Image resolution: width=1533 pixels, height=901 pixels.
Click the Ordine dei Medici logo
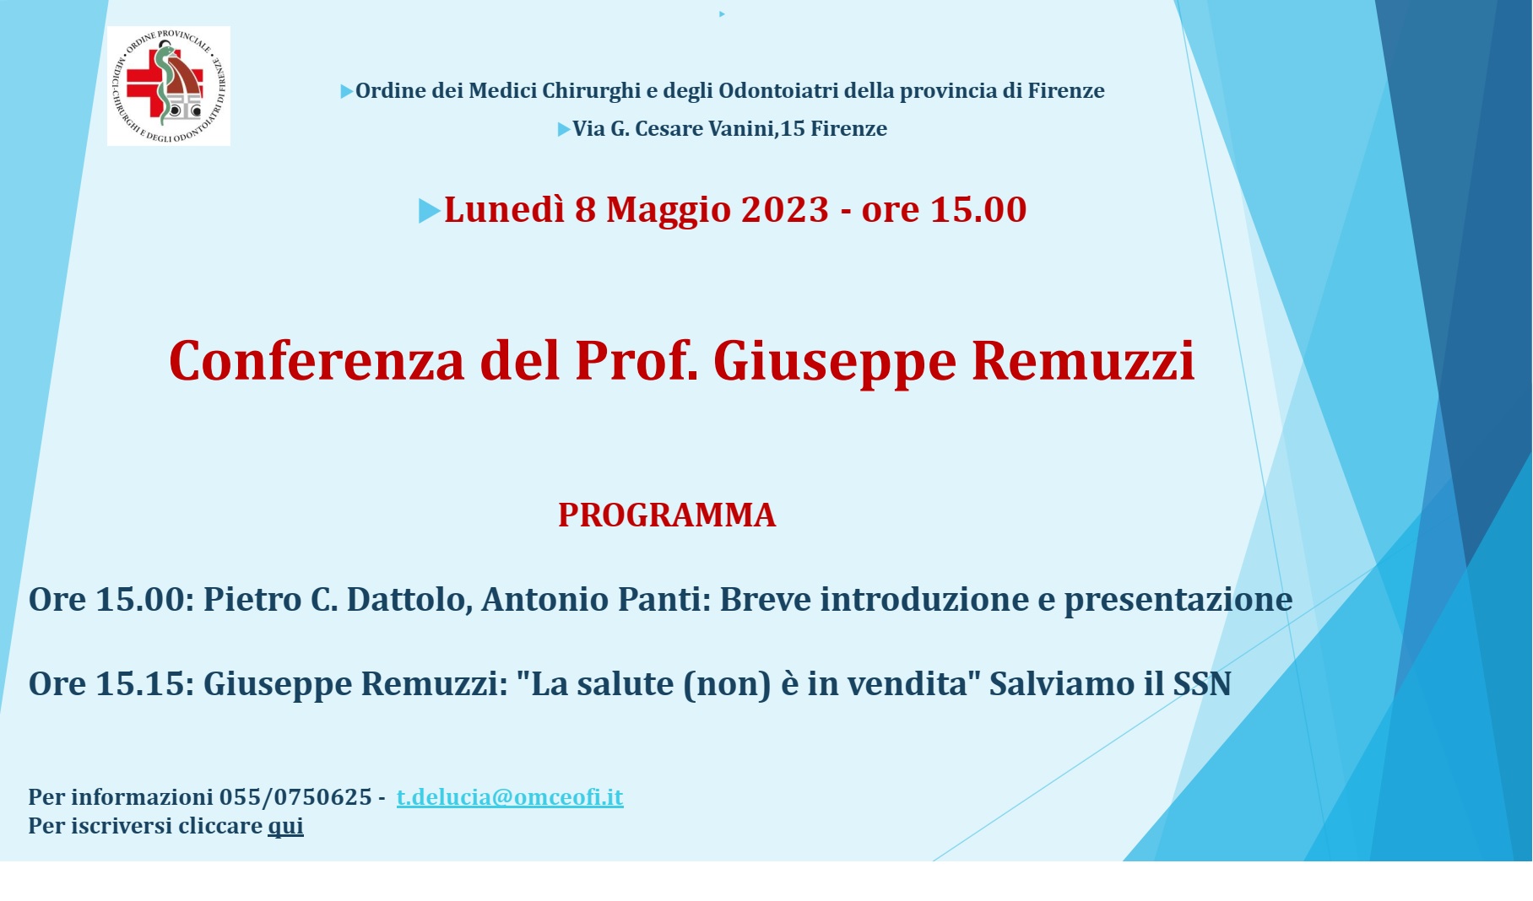168,86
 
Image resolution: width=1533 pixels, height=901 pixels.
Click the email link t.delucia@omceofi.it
510,797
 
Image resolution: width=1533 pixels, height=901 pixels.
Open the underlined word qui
285,826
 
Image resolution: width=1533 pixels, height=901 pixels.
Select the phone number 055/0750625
295,797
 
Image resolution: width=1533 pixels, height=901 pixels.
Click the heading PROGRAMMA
666,515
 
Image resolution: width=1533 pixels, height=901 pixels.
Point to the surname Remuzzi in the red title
1083,361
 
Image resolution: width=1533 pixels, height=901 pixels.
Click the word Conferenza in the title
317,361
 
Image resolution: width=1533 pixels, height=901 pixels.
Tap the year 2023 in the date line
784,209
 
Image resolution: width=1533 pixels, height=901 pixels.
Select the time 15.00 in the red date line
978,209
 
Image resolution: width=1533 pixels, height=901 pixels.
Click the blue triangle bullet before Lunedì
429,211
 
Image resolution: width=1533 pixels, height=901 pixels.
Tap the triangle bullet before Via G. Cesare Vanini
564,130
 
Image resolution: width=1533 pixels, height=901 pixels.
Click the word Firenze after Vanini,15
848,129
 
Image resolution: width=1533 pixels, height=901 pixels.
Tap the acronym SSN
1202,684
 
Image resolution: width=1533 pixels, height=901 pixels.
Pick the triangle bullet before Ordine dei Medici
346,92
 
